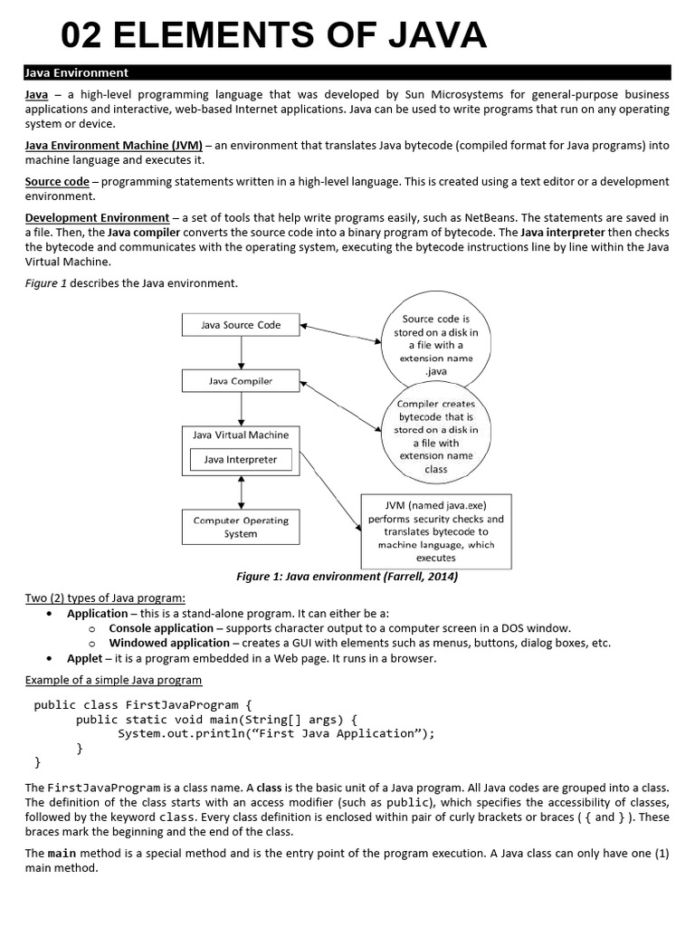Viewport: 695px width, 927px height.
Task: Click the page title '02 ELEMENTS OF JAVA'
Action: point(273,36)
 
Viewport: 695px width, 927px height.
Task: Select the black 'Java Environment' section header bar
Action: point(347,72)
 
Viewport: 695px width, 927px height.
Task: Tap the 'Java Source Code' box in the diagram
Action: point(241,325)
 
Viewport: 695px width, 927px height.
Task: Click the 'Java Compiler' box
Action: point(241,381)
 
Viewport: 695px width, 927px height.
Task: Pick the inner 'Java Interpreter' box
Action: point(241,460)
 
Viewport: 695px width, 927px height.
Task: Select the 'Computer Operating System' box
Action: point(241,527)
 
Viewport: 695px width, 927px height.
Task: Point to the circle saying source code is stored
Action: point(435,345)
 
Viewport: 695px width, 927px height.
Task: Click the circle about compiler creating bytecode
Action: point(435,435)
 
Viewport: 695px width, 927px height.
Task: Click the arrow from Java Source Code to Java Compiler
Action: point(241,353)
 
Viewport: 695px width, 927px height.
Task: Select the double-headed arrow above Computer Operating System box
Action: point(241,492)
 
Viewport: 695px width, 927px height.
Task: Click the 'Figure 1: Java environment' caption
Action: point(347,577)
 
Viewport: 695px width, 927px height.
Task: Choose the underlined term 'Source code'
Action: point(57,181)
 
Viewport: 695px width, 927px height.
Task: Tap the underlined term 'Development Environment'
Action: point(97,217)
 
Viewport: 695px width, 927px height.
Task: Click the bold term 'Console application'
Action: point(161,628)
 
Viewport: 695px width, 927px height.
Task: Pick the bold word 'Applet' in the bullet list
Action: point(84,658)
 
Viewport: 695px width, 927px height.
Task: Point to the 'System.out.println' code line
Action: point(276,733)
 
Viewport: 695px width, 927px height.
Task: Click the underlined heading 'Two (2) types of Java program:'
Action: point(105,598)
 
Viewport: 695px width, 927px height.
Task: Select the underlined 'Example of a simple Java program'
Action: point(113,680)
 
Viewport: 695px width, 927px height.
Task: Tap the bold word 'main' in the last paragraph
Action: point(62,853)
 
